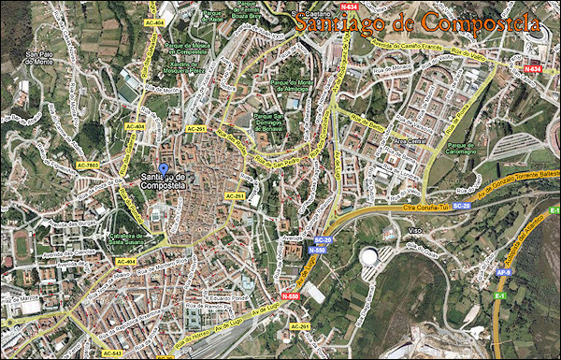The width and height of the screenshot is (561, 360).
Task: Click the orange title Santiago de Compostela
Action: point(416,22)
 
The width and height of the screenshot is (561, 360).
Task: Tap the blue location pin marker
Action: point(164,171)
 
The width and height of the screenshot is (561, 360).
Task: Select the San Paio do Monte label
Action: point(40,59)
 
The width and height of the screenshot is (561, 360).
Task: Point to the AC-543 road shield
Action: point(111,353)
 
